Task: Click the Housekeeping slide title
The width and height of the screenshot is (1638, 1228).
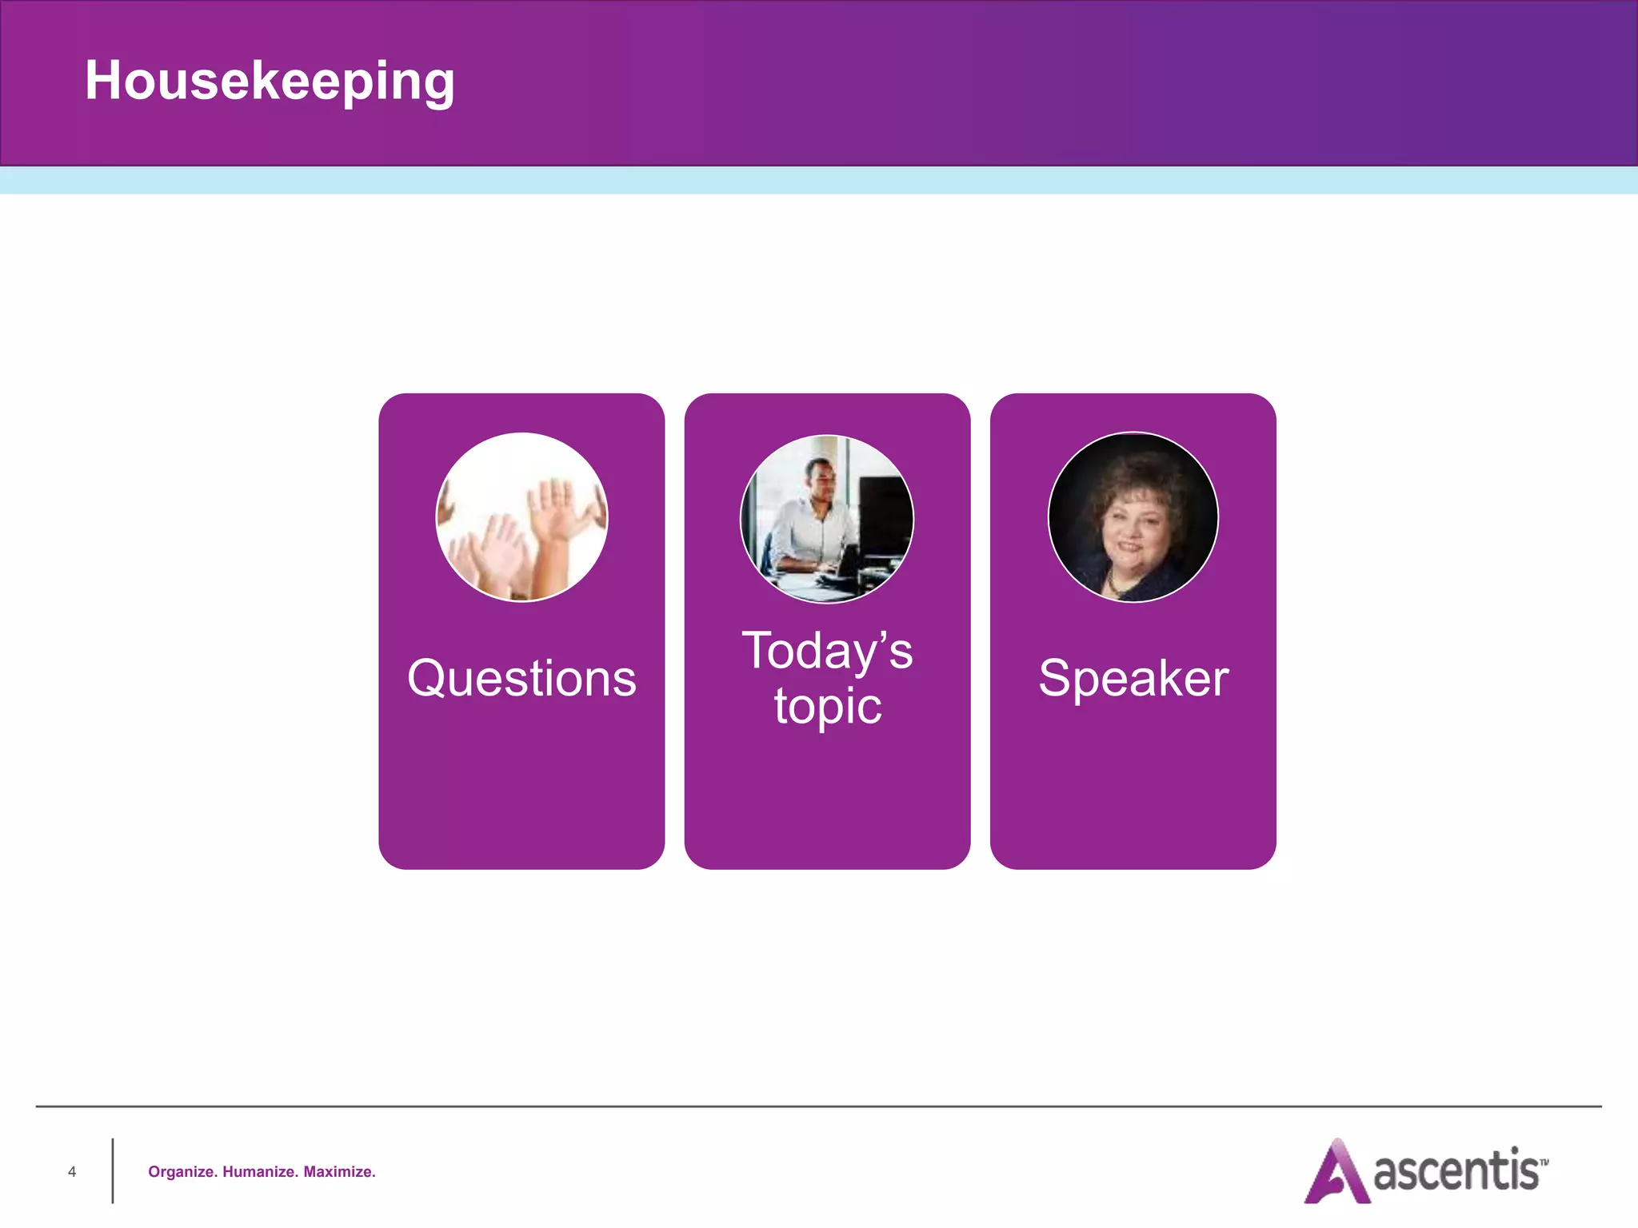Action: (x=270, y=81)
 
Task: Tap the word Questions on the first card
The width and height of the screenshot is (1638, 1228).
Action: (x=521, y=678)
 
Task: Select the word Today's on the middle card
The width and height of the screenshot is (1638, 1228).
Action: (x=827, y=651)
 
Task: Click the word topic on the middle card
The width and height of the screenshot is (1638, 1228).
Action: (x=828, y=707)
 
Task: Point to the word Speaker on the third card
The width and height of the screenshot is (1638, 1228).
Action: (x=1133, y=678)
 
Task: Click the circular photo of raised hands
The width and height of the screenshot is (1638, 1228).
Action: (x=521, y=517)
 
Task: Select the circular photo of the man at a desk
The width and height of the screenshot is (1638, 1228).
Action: (x=827, y=519)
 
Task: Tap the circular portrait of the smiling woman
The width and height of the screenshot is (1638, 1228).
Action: (x=1133, y=517)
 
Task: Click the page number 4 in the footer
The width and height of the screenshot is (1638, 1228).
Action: (x=72, y=1172)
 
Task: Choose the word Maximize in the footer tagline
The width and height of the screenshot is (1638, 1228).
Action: (x=339, y=1172)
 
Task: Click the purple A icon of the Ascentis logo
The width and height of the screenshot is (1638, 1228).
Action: (x=1336, y=1173)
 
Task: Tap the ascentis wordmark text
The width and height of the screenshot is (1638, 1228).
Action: (x=1456, y=1171)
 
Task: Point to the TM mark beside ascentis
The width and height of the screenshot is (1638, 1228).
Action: (x=1544, y=1162)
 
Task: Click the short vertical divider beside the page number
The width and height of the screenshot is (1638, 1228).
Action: (x=113, y=1170)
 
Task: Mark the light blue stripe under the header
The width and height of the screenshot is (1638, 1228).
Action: (x=819, y=180)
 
